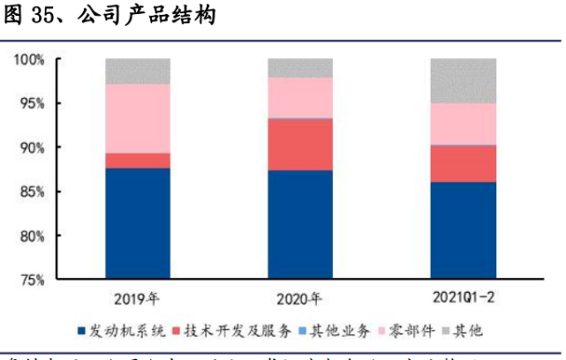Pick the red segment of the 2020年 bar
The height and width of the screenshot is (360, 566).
click(300, 144)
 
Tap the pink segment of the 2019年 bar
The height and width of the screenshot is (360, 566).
click(138, 118)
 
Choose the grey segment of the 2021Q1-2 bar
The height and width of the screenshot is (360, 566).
click(463, 80)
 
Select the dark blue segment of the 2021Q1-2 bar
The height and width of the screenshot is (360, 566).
click(463, 230)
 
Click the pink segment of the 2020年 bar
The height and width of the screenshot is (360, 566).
click(300, 97)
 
